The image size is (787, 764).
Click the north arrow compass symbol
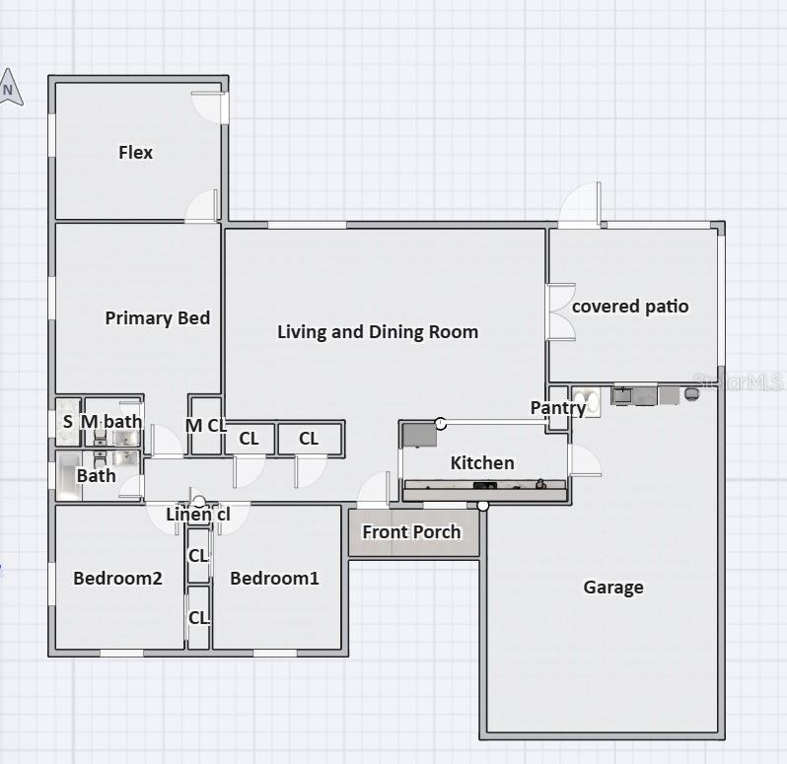coord(10,88)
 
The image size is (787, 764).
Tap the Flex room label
coord(135,152)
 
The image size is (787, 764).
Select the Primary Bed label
coord(157,317)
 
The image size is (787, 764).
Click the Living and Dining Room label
coord(378,331)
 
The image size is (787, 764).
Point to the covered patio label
coord(630,306)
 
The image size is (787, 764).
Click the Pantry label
coord(558,408)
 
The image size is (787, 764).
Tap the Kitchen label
coord(482,462)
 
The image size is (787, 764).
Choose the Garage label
coord(613,587)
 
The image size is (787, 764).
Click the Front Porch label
coord(411,531)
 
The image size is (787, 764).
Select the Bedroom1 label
coord(274,578)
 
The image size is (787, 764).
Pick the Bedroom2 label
coord(117,578)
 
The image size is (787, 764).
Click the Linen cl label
coord(198,514)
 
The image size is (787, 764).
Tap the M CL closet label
coord(206,426)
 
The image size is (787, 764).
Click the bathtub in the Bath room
coord(69,475)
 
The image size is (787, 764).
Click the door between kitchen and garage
coord(584,460)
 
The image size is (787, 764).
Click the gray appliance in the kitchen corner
coord(420,436)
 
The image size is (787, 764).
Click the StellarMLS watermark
coord(738,382)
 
